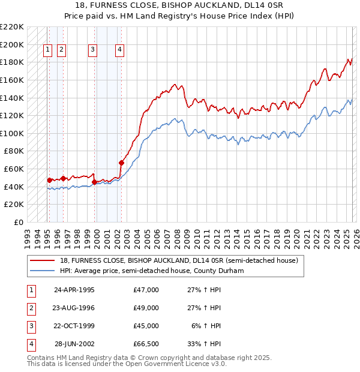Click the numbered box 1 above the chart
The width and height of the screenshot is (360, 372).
[x=47, y=50]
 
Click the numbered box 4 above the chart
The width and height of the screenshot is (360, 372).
[x=120, y=50]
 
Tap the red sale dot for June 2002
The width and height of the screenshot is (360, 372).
[x=121, y=163]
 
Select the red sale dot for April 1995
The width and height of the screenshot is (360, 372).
[x=49, y=180]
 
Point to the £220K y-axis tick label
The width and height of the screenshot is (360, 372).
[x=12, y=27]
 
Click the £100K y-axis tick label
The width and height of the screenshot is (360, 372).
[x=12, y=133]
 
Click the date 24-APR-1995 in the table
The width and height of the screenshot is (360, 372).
[x=74, y=290]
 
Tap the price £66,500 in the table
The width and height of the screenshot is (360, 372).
[x=146, y=344]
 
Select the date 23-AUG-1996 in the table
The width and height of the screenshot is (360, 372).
[x=74, y=308]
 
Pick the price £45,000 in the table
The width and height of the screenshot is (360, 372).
[x=146, y=326]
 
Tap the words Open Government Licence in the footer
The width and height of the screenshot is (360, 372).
[x=168, y=363]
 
